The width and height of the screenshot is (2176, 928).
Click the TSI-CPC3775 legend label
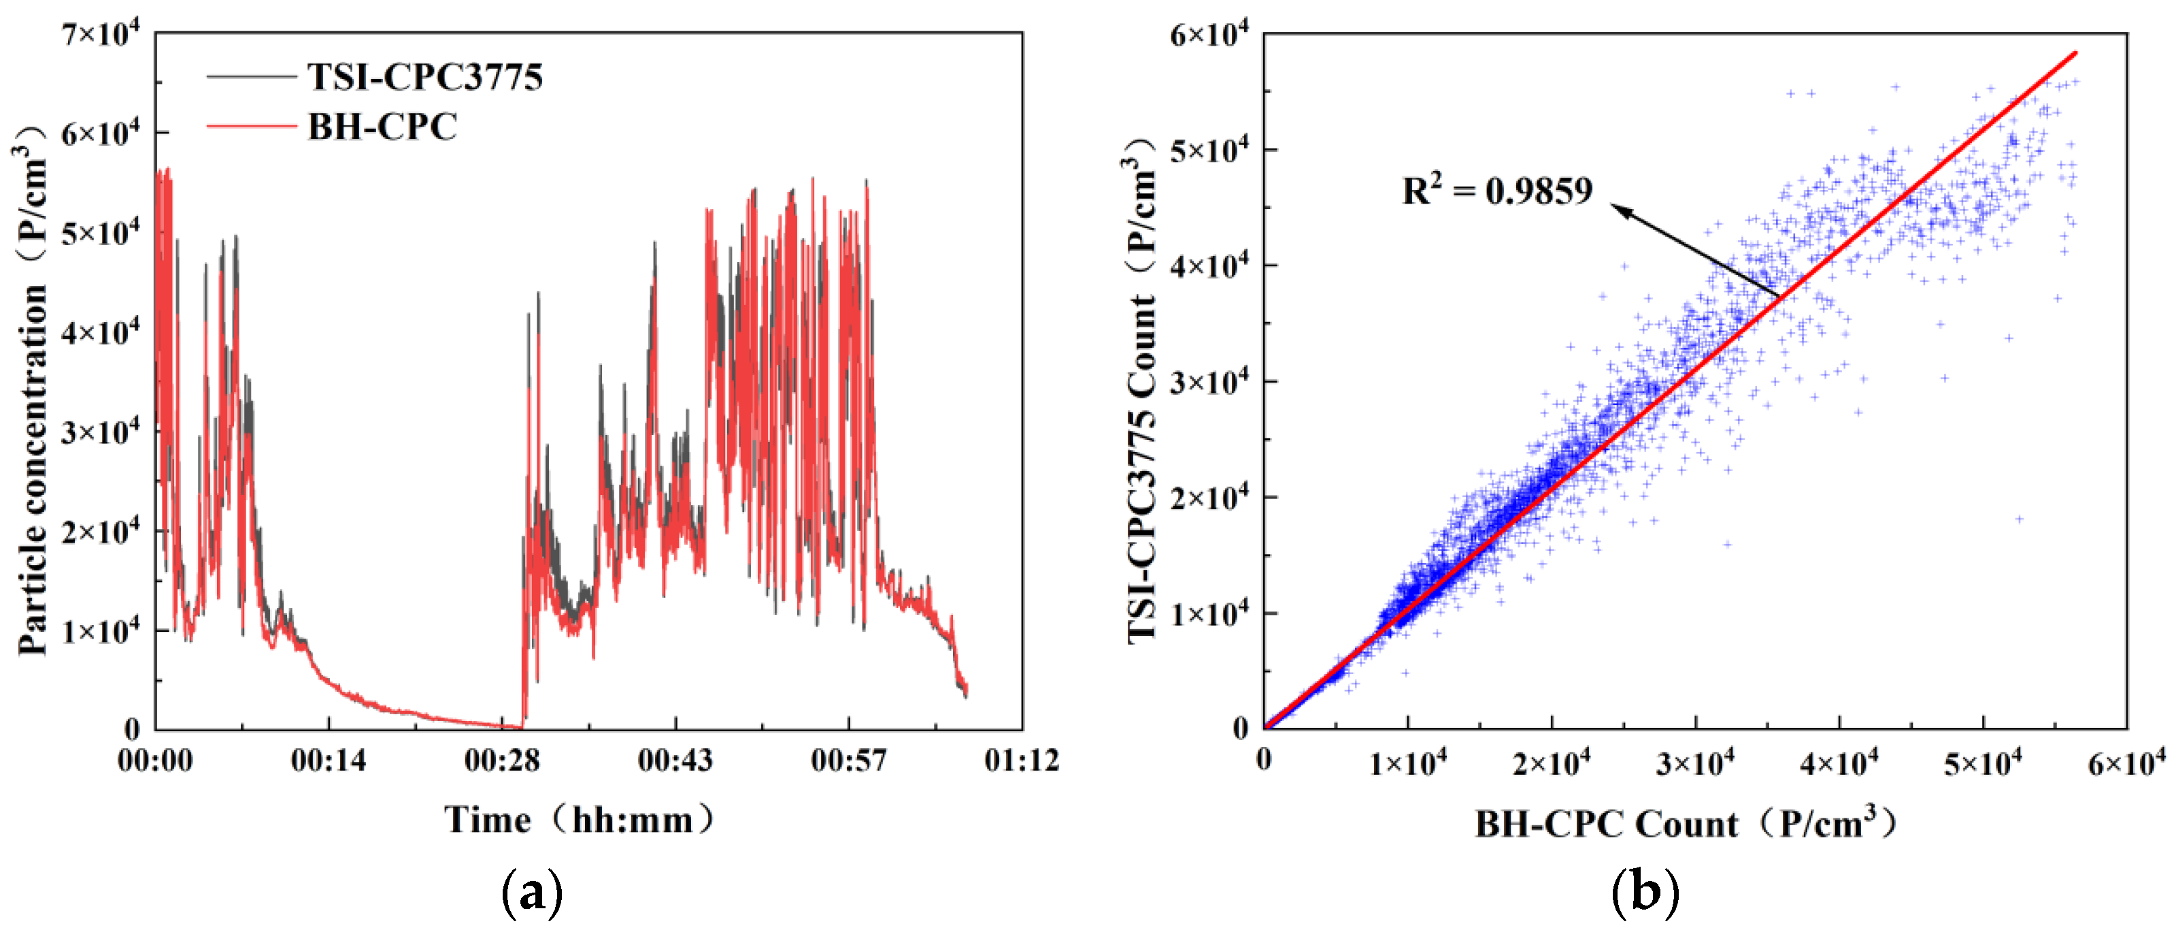(x=425, y=78)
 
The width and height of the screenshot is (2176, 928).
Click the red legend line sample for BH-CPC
(x=251, y=127)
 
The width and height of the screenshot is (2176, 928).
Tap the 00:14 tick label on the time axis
(x=329, y=761)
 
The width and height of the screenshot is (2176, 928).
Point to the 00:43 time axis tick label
(x=675, y=761)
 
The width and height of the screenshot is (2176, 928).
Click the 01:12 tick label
(x=1021, y=761)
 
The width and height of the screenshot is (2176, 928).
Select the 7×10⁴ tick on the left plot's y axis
(x=100, y=35)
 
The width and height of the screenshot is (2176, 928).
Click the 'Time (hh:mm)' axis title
(x=580, y=820)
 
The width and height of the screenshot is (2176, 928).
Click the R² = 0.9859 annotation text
(x=1497, y=191)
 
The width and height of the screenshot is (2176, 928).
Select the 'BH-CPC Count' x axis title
(x=1685, y=823)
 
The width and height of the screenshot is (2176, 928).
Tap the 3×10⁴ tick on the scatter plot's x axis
(x=1694, y=763)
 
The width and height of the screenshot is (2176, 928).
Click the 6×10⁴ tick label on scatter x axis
(x=2126, y=763)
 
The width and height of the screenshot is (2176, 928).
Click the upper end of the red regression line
(x=2075, y=53)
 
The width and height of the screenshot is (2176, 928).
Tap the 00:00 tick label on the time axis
(x=155, y=761)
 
